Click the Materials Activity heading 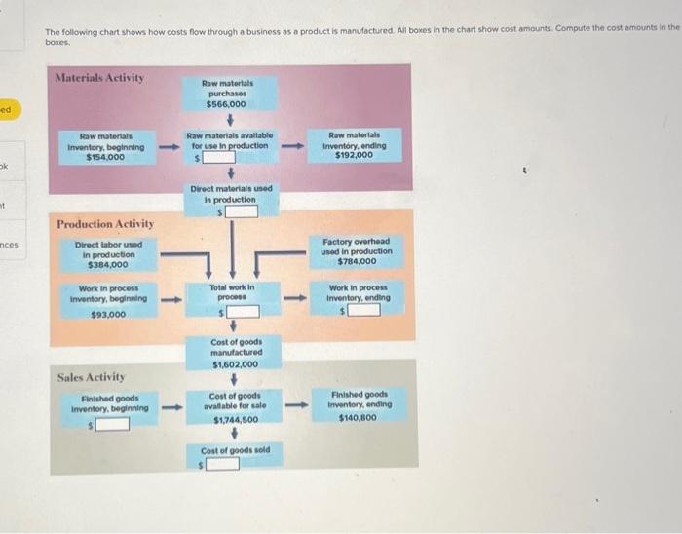coord(99,77)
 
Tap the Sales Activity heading coord(91,376)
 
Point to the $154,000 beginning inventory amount coord(105,156)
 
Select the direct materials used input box coord(243,210)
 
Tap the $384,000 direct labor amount coord(107,264)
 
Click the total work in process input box coord(244,312)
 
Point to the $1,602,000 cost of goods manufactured coord(234,363)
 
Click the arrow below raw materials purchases coord(231,120)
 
